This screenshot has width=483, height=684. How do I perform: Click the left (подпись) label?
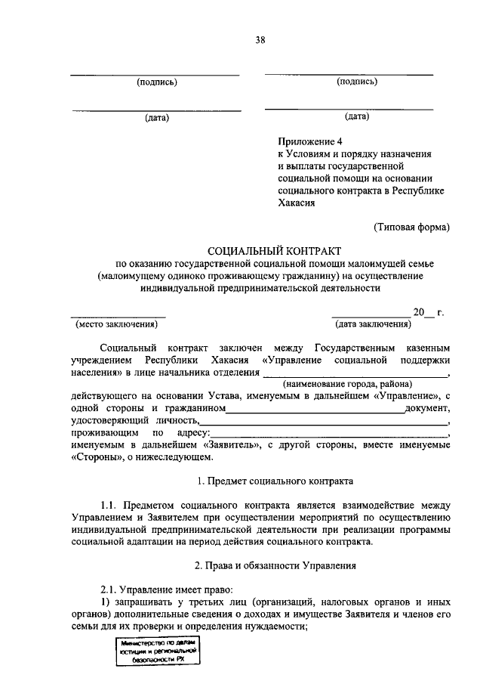pyautogui.click(x=156, y=82)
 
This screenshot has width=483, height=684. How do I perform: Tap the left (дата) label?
pyautogui.click(x=156, y=118)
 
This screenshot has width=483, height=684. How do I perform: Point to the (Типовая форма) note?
pyautogui.click(x=411, y=226)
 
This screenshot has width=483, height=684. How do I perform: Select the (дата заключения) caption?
pyautogui.click(x=373, y=324)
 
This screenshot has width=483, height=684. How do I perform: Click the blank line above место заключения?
pyautogui.click(x=118, y=315)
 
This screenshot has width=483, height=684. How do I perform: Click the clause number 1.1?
pyautogui.click(x=112, y=505)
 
